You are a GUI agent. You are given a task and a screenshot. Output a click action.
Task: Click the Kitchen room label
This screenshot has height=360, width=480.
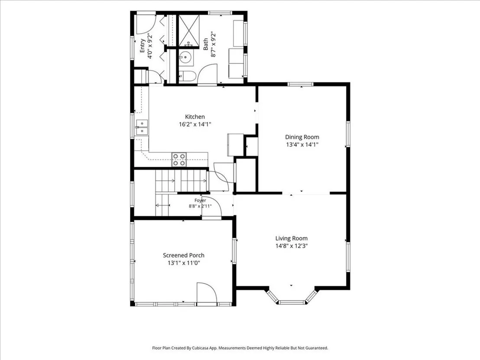pos(195,117)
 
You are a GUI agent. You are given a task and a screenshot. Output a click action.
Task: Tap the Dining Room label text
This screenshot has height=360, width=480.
pos(302,137)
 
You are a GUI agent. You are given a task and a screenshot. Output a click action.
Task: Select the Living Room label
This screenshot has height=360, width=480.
pos(292,238)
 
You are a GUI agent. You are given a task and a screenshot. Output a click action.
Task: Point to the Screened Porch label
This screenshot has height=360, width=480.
pos(184,255)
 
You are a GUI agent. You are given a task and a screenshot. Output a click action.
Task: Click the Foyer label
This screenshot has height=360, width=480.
pos(200,200)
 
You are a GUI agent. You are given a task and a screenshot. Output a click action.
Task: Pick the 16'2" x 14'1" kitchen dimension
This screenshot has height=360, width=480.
pos(195,124)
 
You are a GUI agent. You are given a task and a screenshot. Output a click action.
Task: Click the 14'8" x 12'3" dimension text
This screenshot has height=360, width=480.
pos(292,246)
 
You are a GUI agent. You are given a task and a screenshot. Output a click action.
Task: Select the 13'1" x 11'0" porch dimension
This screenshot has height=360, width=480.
pos(184,263)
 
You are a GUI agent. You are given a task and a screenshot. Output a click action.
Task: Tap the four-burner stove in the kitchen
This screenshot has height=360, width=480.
pos(179,159)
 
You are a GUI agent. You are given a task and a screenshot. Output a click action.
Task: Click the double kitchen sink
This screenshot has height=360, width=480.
pos(141,127)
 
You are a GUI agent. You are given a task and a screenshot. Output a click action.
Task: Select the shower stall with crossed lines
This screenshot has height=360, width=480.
pos(189,30)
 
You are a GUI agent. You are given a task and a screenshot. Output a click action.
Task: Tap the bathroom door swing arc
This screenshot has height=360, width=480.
pos(207,75)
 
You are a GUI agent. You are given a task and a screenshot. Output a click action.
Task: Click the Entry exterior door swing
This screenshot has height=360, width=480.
pos(146,24)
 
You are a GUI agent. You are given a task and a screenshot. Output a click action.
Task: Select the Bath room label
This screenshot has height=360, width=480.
pos(206,44)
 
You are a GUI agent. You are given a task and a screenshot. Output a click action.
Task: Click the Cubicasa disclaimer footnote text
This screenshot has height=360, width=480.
pos(240,348)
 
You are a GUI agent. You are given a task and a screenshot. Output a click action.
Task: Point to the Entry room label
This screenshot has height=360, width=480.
pos(143,45)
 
